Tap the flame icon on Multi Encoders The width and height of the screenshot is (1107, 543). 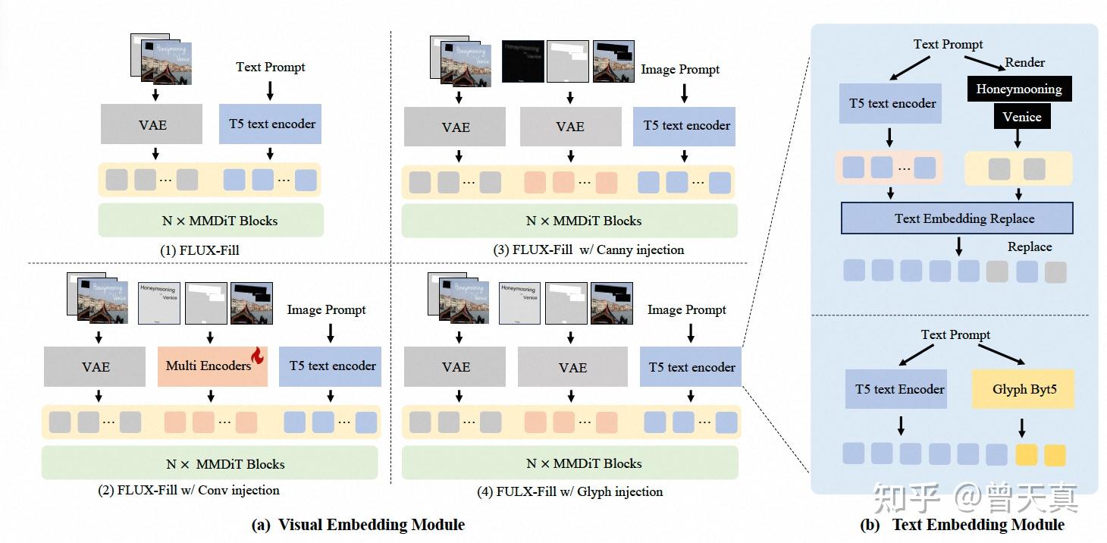[x=258, y=355]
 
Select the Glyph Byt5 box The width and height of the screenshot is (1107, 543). [x=1024, y=390]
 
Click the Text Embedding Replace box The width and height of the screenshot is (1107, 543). [x=957, y=218]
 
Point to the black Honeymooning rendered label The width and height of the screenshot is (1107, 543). [x=1018, y=89]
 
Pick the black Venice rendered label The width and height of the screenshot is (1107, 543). [x=1021, y=117]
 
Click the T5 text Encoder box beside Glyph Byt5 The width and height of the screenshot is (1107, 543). [x=899, y=390]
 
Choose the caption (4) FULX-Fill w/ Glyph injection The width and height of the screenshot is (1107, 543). [x=569, y=491]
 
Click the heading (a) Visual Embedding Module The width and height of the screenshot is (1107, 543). [x=358, y=525]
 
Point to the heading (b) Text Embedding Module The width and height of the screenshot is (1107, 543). [x=962, y=525]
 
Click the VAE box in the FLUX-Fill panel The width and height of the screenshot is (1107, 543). [x=152, y=124]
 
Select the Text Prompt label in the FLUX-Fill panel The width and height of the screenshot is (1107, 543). [x=270, y=67]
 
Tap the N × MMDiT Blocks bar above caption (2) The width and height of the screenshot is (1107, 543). [x=209, y=463]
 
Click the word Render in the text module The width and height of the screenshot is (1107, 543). [x=1024, y=62]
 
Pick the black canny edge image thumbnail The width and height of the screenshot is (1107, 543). [x=523, y=61]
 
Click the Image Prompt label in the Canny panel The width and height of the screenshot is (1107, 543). [x=679, y=69]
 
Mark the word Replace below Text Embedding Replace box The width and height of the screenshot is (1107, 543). [x=1029, y=246]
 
